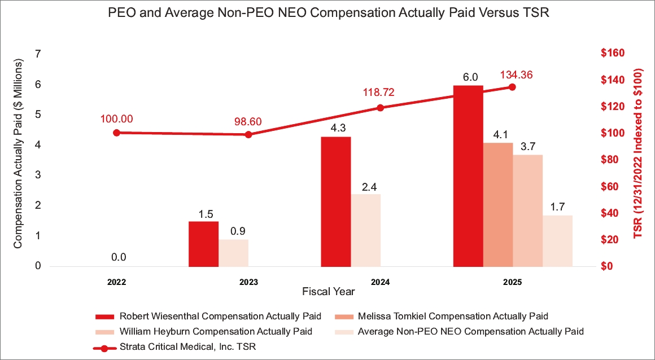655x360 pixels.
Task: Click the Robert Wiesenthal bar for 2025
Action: pyautogui.click(x=468, y=175)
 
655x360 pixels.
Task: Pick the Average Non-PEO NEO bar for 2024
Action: pyautogui.click(x=366, y=230)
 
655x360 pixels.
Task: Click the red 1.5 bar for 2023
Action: pyautogui.click(x=203, y=243)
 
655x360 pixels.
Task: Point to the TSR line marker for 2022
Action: pyautogui.click(x=116, y=133)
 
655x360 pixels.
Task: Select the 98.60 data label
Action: pyautogui.click(x=249, y=122)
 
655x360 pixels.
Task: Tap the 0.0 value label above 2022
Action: pyautogui.click(x=119, y=257)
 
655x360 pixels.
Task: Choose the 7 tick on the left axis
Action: pyautogui.click(x=38, y=54)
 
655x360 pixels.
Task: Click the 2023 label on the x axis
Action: pyautogui.click(x=248, y=281)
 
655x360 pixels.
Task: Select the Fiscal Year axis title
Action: pyautogui.click(x=328, y=292)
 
